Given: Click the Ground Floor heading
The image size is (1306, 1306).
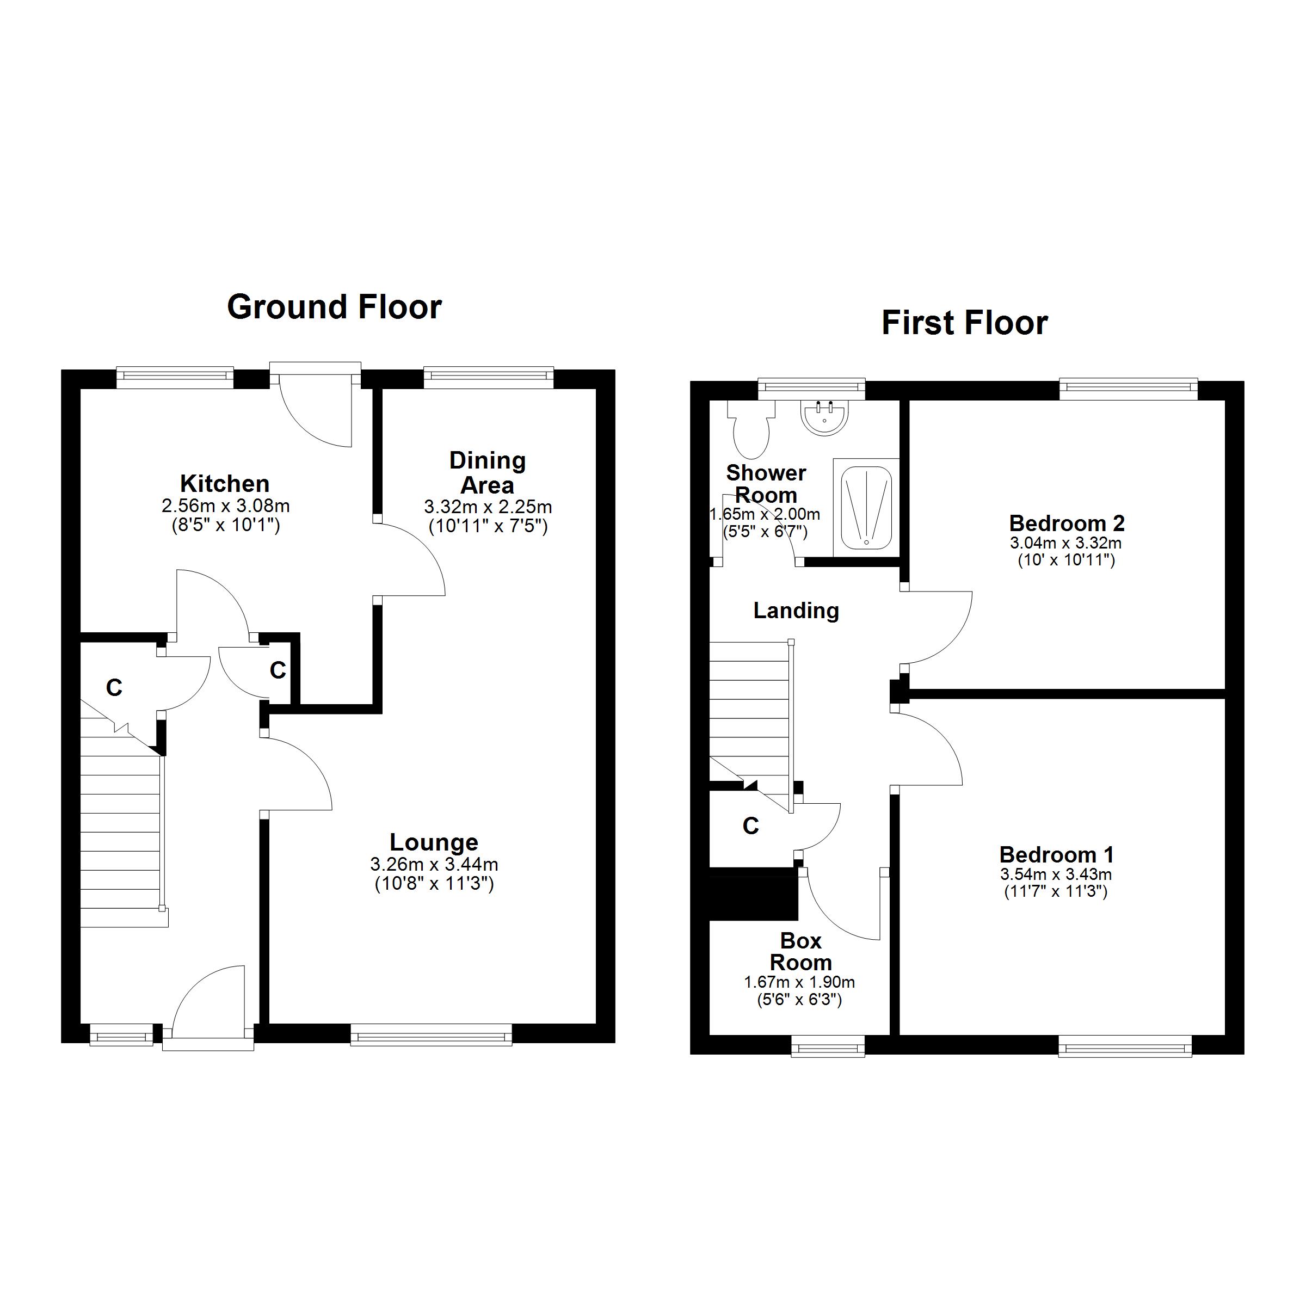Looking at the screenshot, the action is (335, 307).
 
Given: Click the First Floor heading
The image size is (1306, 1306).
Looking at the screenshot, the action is (965, 323).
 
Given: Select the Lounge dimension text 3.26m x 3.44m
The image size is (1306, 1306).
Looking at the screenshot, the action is (434, 864).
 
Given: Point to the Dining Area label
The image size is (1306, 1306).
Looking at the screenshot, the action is (488, 472).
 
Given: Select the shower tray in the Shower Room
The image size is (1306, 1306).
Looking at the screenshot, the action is (866, 508).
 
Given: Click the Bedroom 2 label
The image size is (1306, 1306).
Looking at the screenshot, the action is (1067, 522).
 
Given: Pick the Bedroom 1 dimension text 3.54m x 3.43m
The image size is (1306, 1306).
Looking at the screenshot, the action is (1056, 874).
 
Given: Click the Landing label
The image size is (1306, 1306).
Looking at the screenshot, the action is (796, 611).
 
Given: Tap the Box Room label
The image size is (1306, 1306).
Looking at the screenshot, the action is (800, 951).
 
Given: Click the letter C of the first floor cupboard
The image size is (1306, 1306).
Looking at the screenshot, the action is (751, 826).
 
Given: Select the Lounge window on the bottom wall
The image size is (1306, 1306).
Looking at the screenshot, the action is (432, 1035).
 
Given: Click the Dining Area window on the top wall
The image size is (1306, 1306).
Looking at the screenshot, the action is (489, 377).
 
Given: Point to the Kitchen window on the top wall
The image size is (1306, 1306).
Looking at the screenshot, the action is (175, 377).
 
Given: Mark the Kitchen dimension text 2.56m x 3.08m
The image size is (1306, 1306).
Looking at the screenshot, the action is (226, 505).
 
